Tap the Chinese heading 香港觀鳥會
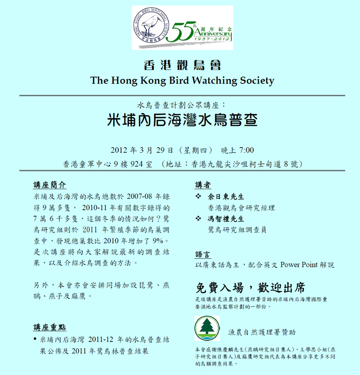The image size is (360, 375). [182, 65]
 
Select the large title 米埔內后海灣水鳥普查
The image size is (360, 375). [182, 121]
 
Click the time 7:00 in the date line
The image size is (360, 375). [246, 150]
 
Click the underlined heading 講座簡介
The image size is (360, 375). [50, 185]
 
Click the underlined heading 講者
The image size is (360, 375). [203, 185]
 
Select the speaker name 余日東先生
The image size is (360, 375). [226, 197]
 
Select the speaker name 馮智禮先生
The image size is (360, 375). [226, 219]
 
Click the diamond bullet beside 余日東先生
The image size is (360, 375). [199, 197]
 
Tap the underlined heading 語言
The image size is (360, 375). [203, 254]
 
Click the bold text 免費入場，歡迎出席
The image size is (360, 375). [250, 288]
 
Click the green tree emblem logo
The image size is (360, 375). [207, 328]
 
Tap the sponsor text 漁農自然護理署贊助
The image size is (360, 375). [262, 332]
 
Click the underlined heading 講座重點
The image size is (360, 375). [50, 328]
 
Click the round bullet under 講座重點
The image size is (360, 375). [34, 340]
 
